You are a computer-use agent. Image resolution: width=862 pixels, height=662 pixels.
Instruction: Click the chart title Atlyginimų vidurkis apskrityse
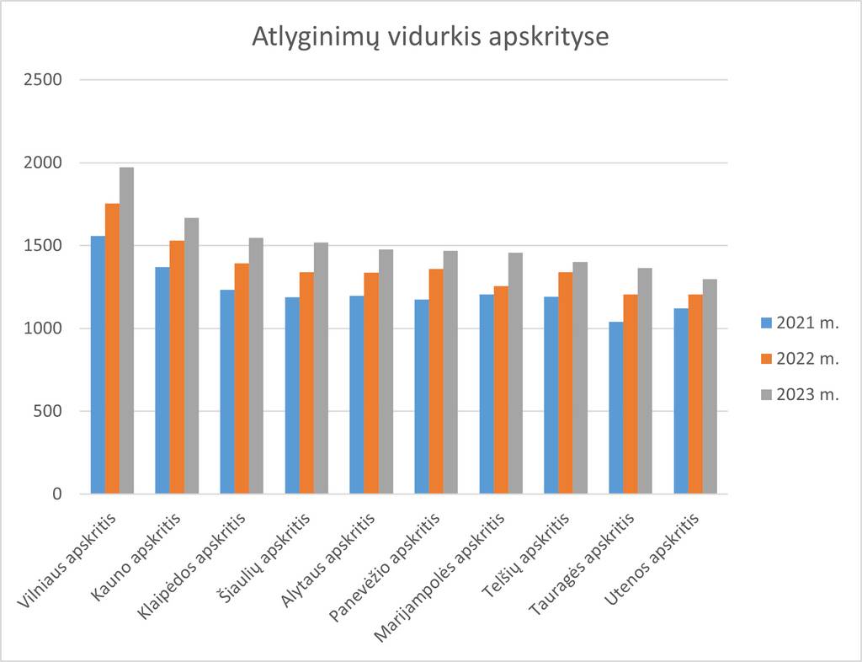tap(430, 39)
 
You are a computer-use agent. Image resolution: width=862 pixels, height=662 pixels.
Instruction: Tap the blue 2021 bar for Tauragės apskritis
tap(616, 408)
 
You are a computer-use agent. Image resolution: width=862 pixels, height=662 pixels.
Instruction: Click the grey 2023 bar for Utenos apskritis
tap(710, 387)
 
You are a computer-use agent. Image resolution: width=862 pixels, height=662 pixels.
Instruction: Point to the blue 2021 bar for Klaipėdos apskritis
tap(227, 392)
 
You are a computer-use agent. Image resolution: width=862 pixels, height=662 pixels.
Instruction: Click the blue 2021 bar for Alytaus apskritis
tap(357, 395)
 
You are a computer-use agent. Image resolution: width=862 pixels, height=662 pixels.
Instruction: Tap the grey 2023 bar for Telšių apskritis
tap(580, 378)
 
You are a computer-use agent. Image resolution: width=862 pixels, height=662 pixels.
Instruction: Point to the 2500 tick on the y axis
tap(43, 80)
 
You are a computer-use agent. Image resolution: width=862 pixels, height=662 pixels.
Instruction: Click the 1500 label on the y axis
tap(43, 246)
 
